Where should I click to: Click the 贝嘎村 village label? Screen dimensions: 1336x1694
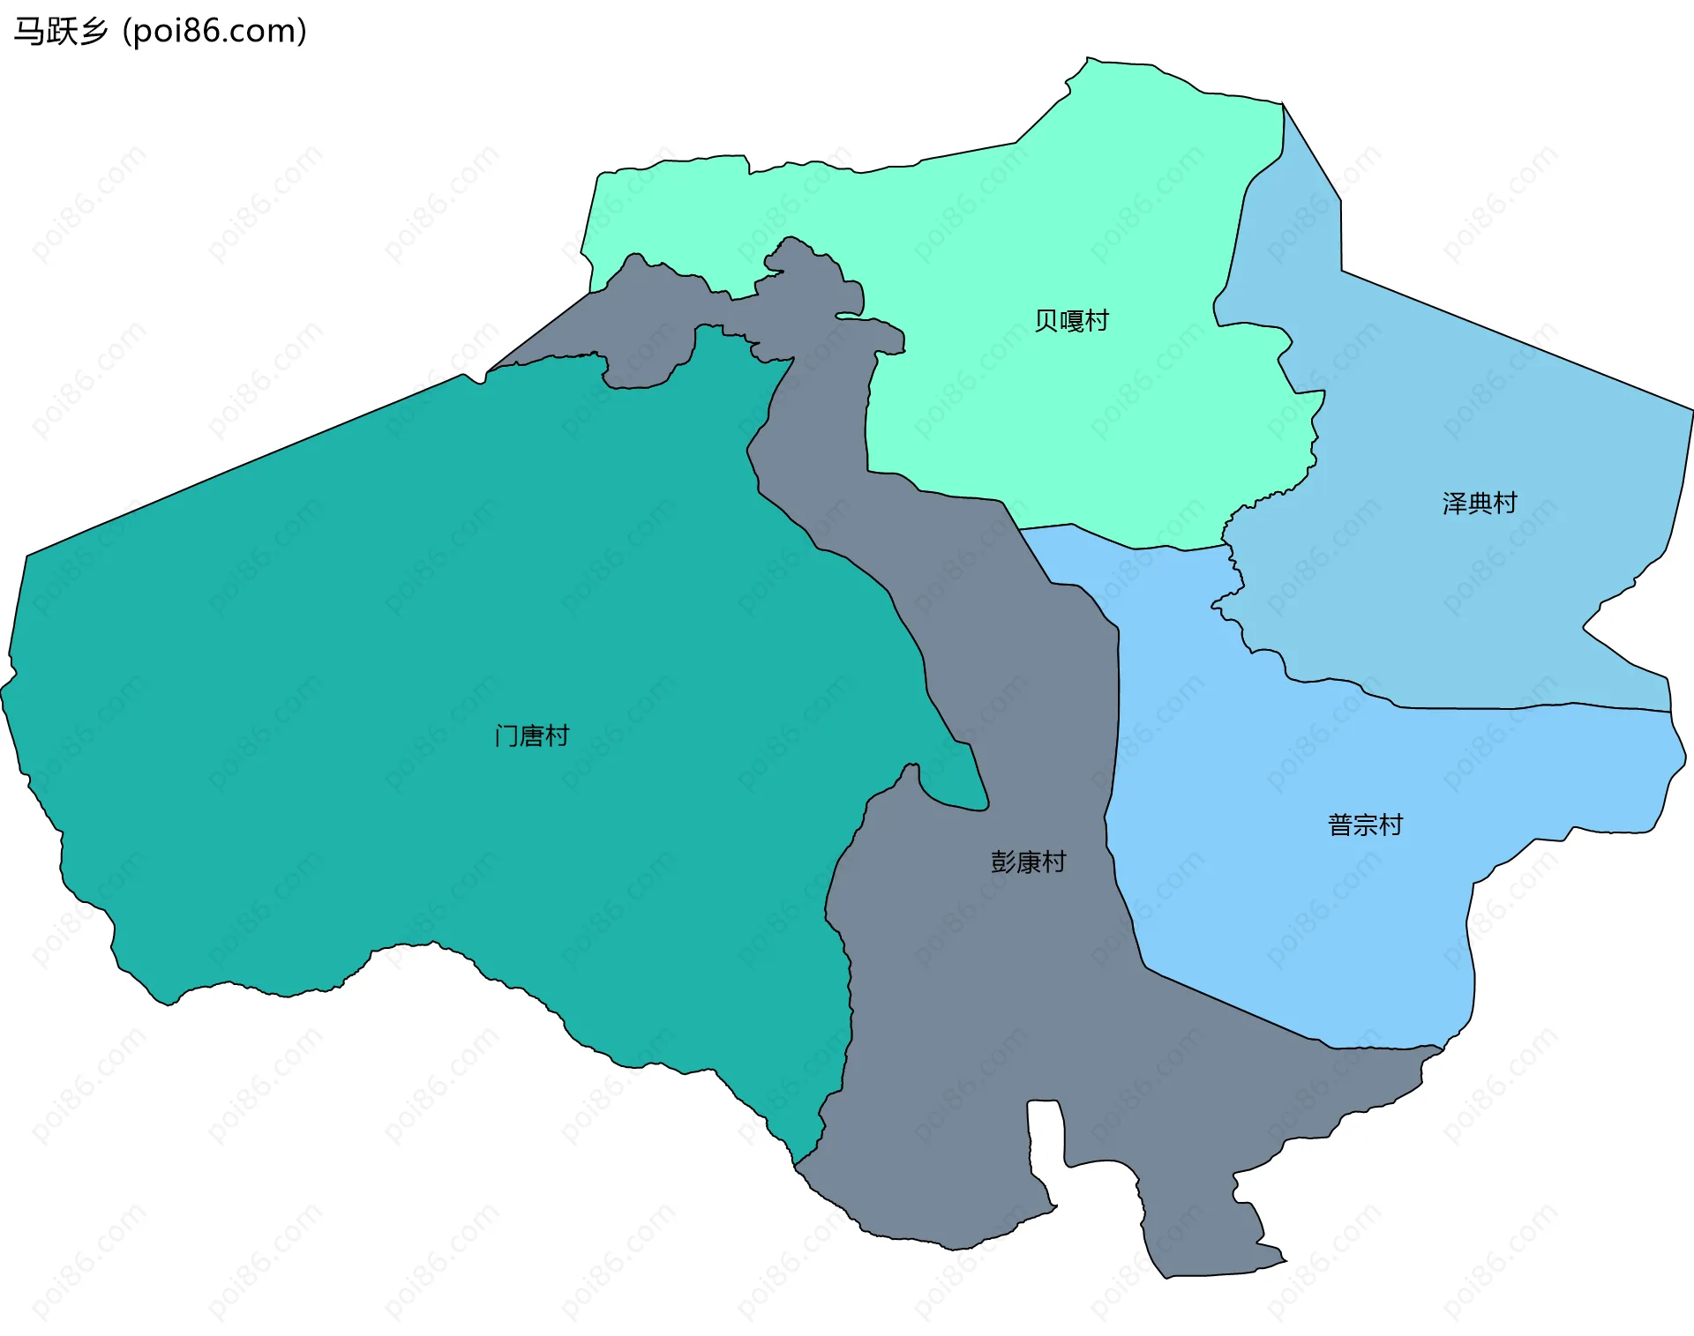[1071, 320]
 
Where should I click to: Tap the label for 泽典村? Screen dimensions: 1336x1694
[1480, 504]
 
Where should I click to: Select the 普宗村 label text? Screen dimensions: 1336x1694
[1365, 825]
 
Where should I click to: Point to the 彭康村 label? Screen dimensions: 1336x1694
[1028, 862]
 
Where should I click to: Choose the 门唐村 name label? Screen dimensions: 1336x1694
[532, 735]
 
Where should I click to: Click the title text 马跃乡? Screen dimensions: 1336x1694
[60, 32]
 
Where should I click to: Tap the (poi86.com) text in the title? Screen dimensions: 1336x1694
[214, 32]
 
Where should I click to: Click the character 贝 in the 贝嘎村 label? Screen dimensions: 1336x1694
[1046, 320]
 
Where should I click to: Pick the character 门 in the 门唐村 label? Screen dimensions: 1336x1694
[507, 735]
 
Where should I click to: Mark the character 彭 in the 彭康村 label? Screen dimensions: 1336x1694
[1003, 862]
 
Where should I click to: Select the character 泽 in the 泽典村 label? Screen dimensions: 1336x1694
[1455, 504]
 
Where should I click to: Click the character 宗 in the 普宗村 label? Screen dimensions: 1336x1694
[1365, 825]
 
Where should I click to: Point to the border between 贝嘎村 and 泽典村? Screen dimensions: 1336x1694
[1235, 238]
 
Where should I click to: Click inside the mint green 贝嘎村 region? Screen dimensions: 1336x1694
[1015, 229]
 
